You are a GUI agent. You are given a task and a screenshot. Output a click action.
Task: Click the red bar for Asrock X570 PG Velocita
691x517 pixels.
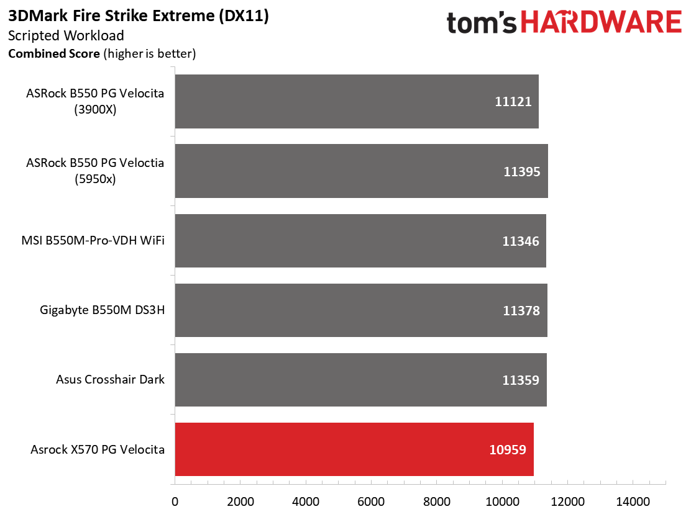click(x=354, y=449)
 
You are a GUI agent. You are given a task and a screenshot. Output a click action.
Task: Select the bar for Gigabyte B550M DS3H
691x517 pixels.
click(x=362, y=310)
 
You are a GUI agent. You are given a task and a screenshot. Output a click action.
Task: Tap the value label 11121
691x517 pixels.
click(x=513, y=102)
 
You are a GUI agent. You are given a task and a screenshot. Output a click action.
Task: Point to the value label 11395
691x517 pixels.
click(x=522, y=171)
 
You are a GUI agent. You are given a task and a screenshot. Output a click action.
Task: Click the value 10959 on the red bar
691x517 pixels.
click(x=508, y=450)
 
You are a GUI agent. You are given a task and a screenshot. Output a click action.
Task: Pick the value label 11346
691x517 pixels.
click(x=521, y=241)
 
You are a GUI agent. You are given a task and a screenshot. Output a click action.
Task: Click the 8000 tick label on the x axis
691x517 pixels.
click(x=437, y=501)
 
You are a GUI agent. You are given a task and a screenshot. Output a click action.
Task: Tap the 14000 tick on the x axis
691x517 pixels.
click(x=633, y=501)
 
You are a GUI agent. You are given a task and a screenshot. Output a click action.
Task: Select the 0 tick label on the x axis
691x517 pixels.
click(x=175, y=501)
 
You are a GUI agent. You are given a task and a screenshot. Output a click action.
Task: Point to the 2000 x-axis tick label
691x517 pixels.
click(x=240, y=501)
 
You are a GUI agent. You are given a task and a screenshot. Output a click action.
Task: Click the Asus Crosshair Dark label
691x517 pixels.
click(x=110, y=379)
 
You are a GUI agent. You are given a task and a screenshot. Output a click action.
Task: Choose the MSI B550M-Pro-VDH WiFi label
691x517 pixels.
click(x=93, y=240)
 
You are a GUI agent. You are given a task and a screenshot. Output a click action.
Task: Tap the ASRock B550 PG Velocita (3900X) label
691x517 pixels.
click(x=95, y=101)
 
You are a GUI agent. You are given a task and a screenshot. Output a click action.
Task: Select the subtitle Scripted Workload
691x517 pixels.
click(x=66, y=35)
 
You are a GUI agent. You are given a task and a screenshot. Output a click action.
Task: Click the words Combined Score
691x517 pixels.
click(x=54, y=53)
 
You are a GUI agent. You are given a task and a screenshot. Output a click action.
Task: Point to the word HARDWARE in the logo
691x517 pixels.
click(x=601, y=22)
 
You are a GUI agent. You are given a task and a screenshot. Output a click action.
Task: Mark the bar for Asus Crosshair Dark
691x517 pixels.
click(x=361, y=380)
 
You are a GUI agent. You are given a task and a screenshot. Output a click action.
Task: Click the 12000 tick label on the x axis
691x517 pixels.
click(x=567, y=501)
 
